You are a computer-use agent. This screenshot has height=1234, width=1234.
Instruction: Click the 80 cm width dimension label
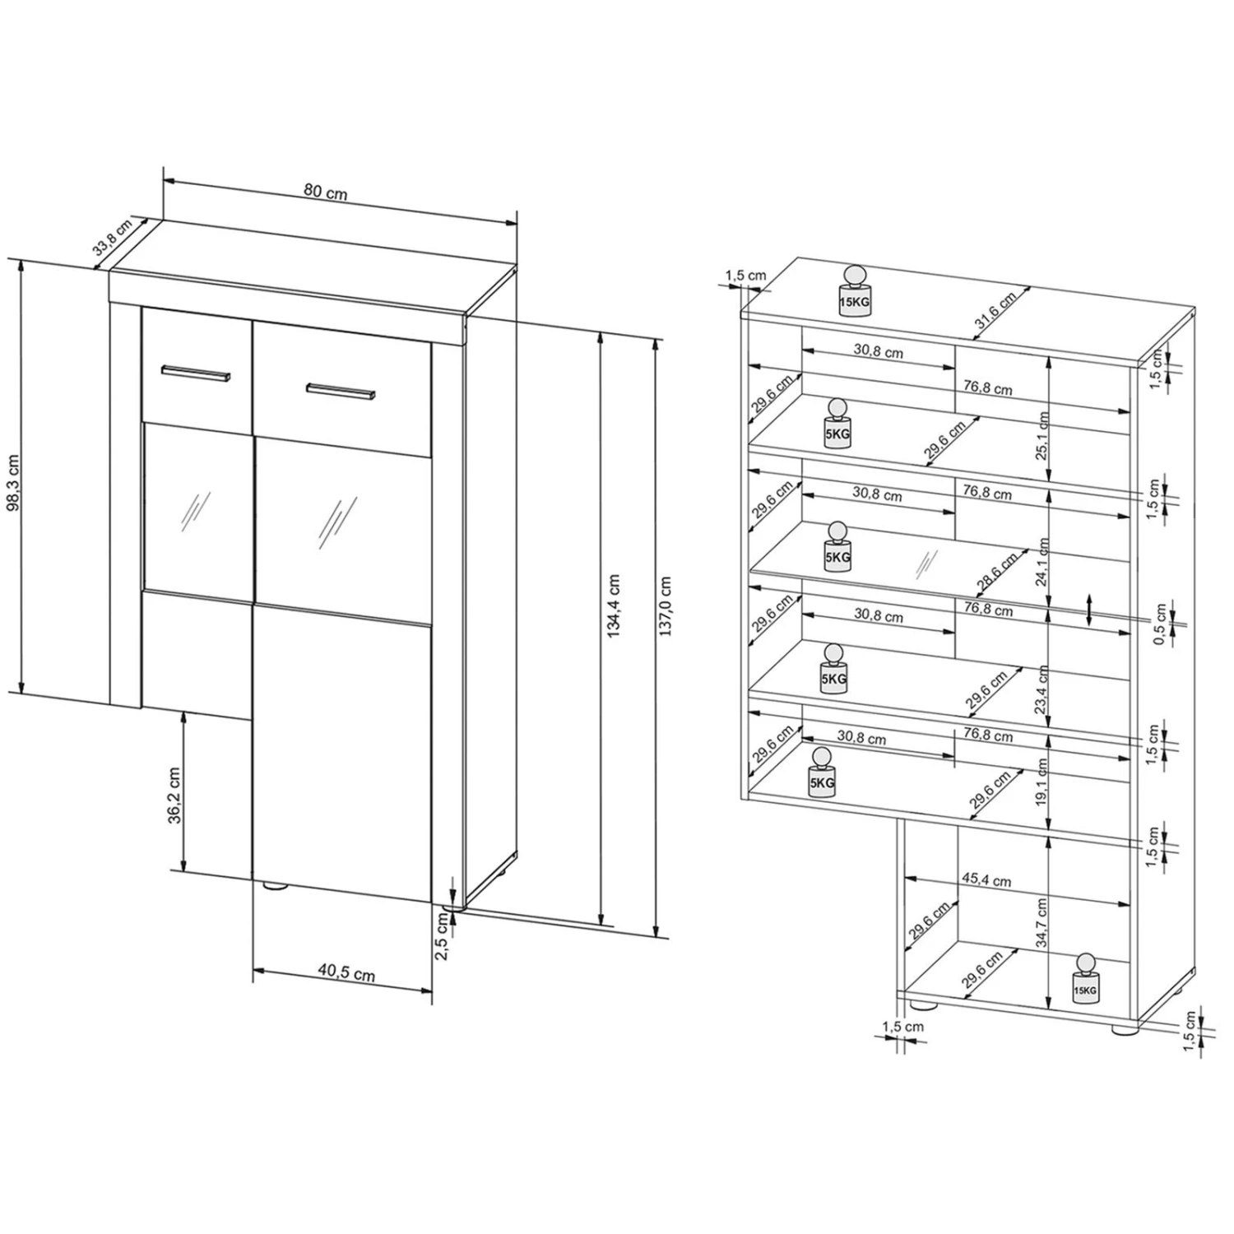coord(326,193)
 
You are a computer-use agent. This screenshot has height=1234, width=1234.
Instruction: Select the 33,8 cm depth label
coord(113,238)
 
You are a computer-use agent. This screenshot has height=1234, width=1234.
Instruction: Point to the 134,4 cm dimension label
coord(614,607)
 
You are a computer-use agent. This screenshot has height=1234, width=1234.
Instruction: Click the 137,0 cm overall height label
coord(666,607)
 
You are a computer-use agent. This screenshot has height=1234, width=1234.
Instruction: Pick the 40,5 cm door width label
coord(346,973)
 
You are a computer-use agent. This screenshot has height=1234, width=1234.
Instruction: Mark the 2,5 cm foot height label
coord(442,937)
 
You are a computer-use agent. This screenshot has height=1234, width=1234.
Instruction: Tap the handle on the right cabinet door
coord(341,392)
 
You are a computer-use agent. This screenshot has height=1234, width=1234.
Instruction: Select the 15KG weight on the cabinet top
coord(856,290)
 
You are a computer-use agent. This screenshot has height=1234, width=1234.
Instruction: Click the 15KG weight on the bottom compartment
coord(1085,980)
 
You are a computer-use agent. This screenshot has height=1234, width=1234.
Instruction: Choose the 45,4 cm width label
coord(986,880)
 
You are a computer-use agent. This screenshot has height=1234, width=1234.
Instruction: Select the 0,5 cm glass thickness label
coord(1160,624)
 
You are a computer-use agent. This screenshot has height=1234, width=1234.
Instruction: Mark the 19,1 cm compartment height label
coord(1042,782)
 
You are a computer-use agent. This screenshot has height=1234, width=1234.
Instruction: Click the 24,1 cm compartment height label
coord(1042,563)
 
